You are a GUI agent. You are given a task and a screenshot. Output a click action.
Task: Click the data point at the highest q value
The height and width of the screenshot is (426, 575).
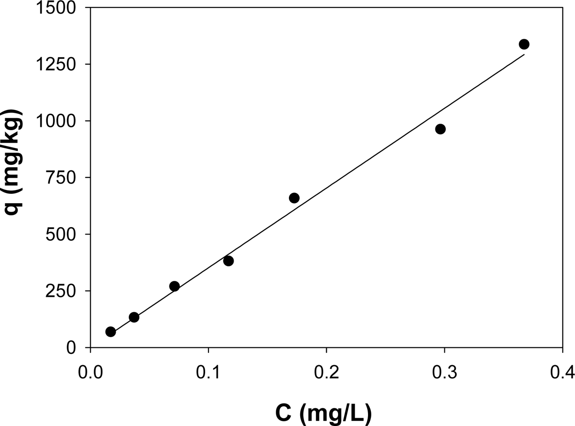click(524, 44)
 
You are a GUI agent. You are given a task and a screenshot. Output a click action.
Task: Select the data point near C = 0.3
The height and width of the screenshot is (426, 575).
click(440, 129)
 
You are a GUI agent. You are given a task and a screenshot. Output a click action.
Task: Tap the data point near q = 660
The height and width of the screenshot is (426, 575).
click(294, 198)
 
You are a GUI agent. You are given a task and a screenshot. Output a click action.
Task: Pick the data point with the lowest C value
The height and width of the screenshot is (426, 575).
click(111, 332)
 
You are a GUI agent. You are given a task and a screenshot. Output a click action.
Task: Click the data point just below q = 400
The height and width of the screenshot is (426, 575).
click(229, 261)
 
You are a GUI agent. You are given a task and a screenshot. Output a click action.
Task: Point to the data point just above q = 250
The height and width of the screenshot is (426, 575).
click(175, 286)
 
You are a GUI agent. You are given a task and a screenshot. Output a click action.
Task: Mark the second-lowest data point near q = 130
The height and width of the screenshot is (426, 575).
click(134, 317)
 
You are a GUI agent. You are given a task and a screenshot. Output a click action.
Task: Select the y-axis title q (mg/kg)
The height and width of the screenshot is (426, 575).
click(16, 162)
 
